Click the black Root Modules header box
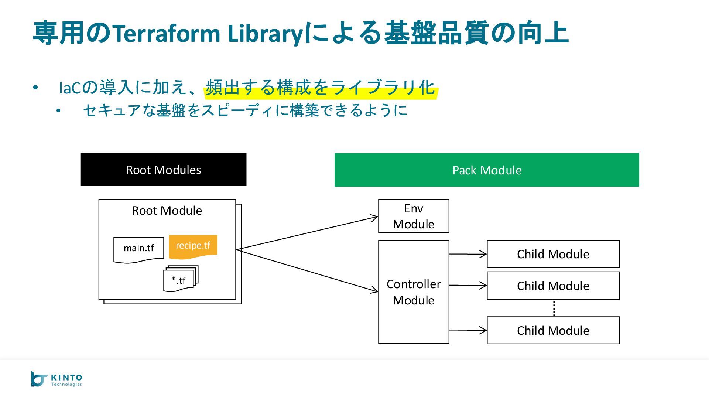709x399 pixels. click(x=163, y=170)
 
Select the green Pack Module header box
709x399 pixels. click(x=487, y=170)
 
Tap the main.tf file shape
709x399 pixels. click(x=138, y=249)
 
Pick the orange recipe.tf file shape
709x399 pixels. click(x=193, y=246)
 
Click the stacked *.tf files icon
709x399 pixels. click(x=180, y=279)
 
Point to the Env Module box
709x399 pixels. click(x=414, y=216)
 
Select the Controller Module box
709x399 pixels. click(x=414, y=292)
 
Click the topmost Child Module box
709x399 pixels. click(x=553, y=254)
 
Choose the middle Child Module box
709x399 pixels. click(x=553, y=286)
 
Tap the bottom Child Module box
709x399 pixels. click(x=553, y=330)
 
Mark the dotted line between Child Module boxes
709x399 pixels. click(x=554, y=308)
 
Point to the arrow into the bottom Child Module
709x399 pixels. click(x=468, y=330)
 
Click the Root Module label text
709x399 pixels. click(x=167, y=211)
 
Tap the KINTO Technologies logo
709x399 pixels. click(x=56, y=379)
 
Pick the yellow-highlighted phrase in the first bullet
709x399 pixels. click(x=320, y=88)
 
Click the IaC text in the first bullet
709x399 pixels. click(x=70, y=88)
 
